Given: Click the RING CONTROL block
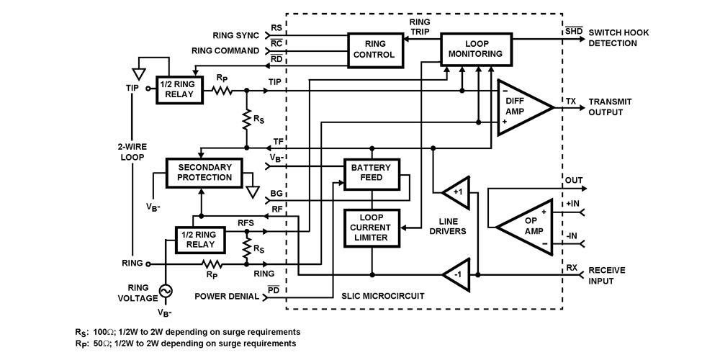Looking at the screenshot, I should pos(375,49).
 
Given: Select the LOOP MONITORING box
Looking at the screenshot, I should pos(476,48).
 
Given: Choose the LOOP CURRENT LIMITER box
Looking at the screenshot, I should pos(371,228).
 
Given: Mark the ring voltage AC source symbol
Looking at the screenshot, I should pos(166,290).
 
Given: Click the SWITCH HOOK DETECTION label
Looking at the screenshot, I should pos(622,38).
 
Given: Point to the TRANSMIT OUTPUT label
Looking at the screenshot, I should pos(615,107).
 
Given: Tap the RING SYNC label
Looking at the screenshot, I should pos(236,34).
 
